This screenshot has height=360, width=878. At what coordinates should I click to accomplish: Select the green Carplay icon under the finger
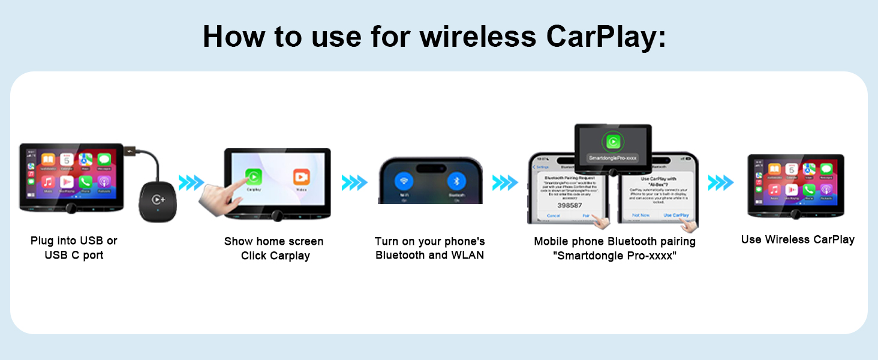(254, 176)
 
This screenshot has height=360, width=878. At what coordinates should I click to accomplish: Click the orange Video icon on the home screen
(302, 177)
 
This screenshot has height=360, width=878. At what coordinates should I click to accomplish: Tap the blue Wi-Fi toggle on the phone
(404, 182)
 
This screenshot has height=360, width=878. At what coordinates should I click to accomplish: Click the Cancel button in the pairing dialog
(553, 215)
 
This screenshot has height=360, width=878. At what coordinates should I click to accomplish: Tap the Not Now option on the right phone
(641, 215)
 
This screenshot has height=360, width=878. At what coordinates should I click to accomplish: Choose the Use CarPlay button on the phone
(676, 215)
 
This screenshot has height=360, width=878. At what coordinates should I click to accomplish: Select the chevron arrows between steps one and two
(191, 182)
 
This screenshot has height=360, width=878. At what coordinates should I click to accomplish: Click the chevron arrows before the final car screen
(720, 182)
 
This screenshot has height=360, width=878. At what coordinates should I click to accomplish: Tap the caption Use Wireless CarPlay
(798, 239)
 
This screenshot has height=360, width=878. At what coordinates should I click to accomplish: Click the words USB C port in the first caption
(74, 255)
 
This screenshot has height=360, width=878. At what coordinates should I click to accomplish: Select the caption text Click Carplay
(275, 256)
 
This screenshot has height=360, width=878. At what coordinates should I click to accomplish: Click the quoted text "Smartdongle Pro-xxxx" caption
(615, 256)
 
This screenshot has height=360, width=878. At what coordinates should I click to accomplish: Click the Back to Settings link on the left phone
(542, 167)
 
